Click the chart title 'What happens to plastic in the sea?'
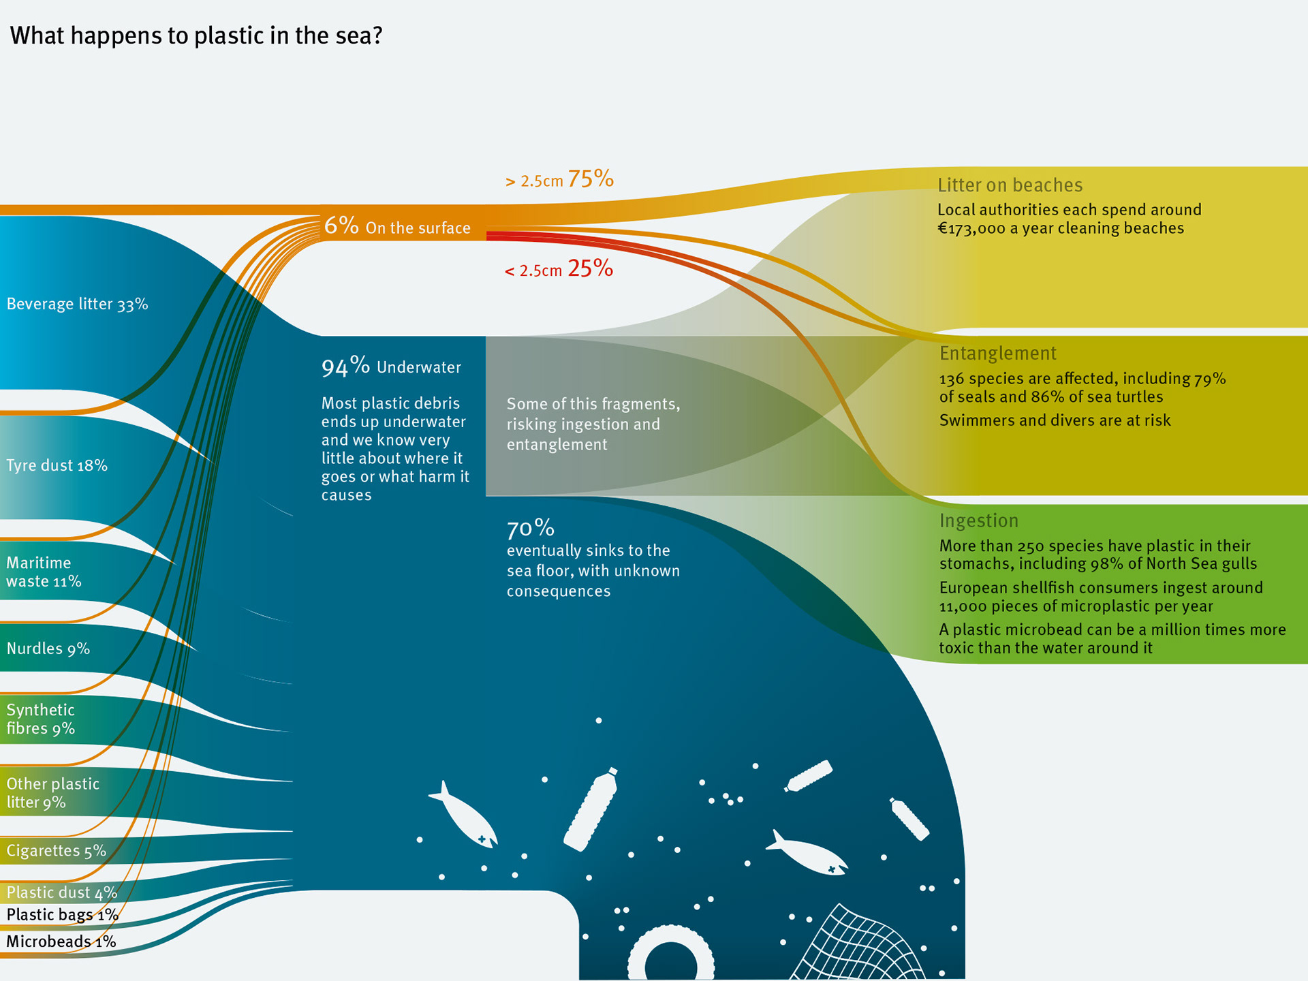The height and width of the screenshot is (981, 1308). click(x=196, y=35)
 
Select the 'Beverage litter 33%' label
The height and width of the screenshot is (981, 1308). click(x=77, y=304)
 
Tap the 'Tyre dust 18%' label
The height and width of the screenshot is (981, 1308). click(x=57, y=465)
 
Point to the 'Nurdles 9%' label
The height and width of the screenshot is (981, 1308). click(x=48, y=648)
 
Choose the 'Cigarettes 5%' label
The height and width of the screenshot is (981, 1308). click(x=57, y=850)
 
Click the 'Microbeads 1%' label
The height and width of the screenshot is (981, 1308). click(x=61, y=941)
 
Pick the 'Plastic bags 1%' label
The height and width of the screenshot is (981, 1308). click(x=62, y=914)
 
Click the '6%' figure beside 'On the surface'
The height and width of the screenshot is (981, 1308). click(x=341, y=225)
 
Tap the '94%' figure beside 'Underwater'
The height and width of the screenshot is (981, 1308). click(x=345, y=367)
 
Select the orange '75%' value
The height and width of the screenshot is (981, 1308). click(x=591, y=178)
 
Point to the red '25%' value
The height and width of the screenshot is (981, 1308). click(x=590, y=268)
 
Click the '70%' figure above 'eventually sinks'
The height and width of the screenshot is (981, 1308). click(x=531, y=528)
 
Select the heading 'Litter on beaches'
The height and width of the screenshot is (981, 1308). click(x=1010, y=185)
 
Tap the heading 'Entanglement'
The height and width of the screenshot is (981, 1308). click(x=997, y=353)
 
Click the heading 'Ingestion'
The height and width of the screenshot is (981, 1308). click(x=978, y=520)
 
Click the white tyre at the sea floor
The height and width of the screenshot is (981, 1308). click(x=670, y=954)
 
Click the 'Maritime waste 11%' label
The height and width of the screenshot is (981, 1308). click(x=44, y=572)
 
